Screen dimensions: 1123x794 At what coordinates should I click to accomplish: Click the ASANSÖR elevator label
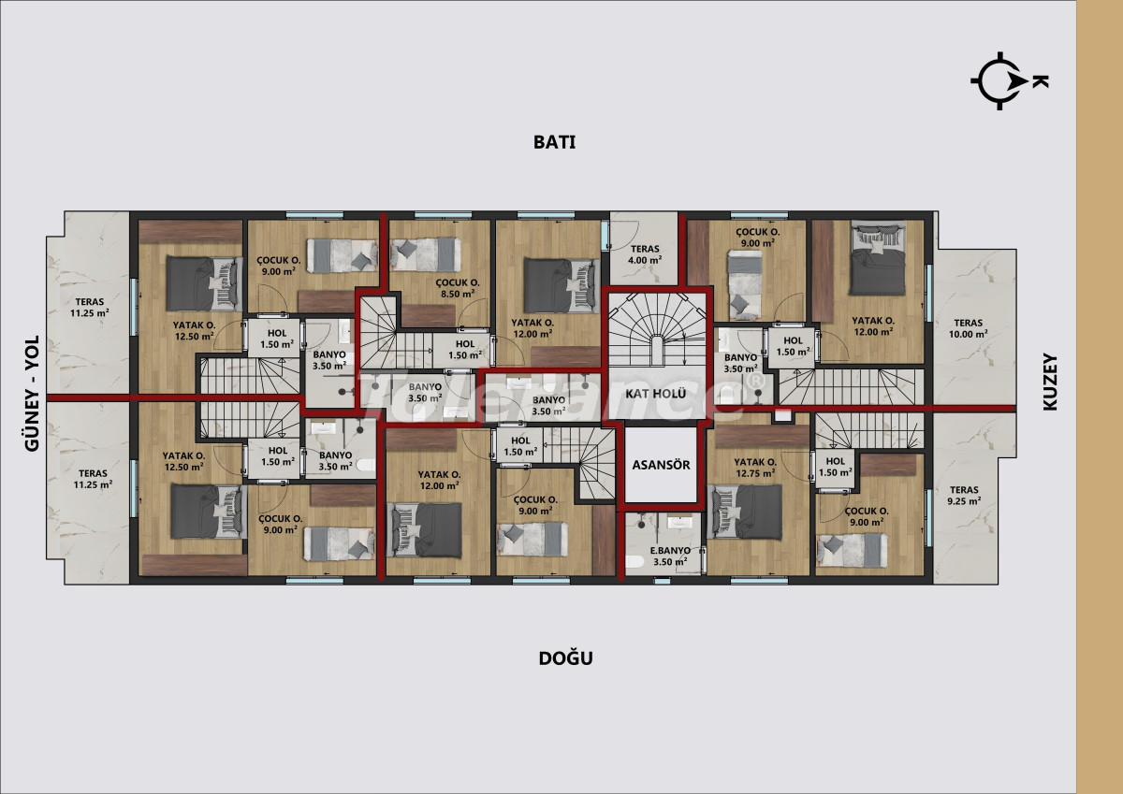[661, 465]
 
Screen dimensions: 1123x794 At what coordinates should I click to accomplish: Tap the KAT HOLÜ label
[655, 394]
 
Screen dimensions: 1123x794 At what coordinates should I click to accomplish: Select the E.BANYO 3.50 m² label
[670, 556]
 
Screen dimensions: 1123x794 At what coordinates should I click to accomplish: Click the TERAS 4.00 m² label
[645, 254]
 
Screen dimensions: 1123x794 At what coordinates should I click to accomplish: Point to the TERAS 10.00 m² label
[968, 328]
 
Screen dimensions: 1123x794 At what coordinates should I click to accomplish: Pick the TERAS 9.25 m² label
[964, 496]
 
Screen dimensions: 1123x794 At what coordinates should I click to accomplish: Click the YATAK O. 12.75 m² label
[755, 468]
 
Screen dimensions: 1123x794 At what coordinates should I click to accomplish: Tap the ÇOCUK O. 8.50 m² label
[458, 288]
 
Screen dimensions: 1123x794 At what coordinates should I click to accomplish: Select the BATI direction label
[554, 142]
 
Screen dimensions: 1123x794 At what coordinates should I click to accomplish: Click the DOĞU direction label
[565, 658]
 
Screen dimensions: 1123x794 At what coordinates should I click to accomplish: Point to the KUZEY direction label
[1050, 383]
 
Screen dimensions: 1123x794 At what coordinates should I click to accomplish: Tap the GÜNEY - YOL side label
[32, 394]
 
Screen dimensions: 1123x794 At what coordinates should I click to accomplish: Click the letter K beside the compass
[1041, 81]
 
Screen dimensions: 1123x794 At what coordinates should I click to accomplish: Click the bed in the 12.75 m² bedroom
[744, 512]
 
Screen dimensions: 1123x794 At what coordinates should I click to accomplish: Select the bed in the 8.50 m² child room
[425, 254]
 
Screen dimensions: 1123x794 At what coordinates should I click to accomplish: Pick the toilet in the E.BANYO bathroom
[634, 561]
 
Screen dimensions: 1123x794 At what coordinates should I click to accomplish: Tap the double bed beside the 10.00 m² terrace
[878, 259]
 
